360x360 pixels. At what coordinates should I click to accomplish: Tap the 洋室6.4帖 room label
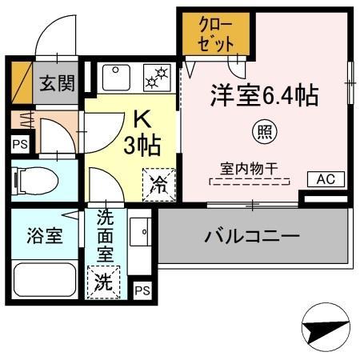[x=265, y=96]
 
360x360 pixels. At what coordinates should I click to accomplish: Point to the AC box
[x=325, y=178]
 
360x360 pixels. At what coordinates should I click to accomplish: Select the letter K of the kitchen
[x=142, y=118]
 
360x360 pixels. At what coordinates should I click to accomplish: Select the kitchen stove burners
[x=156, y=76]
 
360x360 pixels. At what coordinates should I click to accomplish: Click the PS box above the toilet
[x=18, y=144]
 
